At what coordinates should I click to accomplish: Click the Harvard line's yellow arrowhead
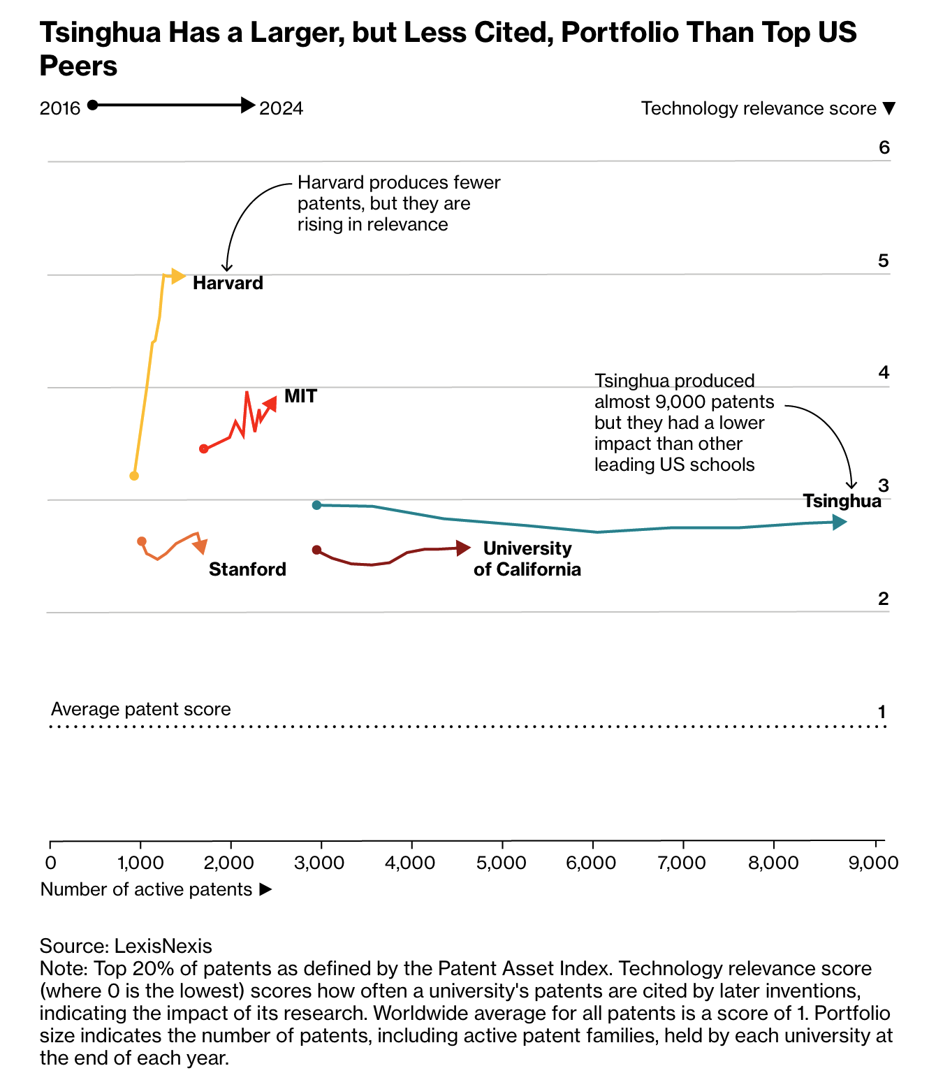178,277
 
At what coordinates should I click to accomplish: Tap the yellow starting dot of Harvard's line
134,476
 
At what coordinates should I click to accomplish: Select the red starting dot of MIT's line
204,448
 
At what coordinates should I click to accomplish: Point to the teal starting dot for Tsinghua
316,505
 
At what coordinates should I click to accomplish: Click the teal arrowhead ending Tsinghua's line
840,522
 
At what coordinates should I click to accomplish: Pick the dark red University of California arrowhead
463,548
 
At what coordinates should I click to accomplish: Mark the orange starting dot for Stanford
142,541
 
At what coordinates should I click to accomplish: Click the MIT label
300,396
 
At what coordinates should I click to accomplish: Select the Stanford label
247,569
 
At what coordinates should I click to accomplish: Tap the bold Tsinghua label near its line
842,501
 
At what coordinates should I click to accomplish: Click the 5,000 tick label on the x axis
501,863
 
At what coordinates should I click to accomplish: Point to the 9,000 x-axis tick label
872,863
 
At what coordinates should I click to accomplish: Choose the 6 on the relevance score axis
884,147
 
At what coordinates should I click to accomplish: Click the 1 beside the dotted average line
882,712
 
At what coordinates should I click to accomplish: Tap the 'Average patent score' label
141,709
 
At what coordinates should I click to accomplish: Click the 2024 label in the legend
281,108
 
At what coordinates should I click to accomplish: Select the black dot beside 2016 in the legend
93,105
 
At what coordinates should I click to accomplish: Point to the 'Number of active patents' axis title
146,889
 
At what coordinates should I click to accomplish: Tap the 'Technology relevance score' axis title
759,108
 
